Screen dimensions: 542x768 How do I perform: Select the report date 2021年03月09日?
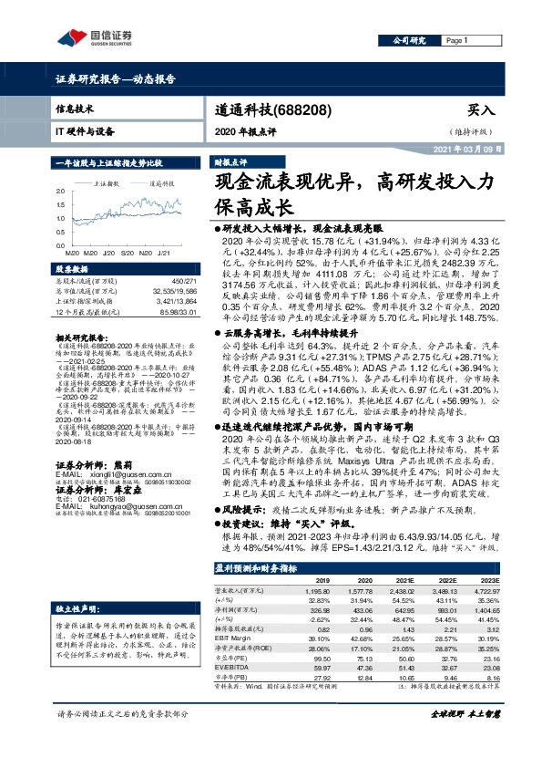(492, 149)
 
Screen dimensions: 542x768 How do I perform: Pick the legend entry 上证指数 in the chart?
(108, 183)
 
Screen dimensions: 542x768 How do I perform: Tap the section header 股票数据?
(72, 270)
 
